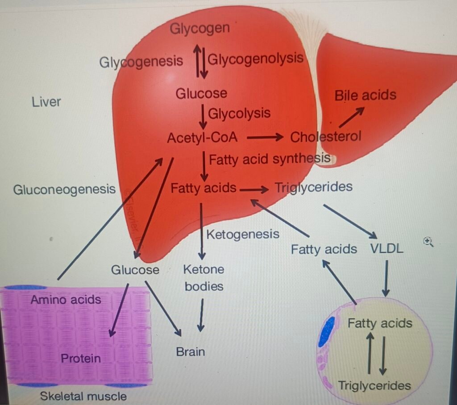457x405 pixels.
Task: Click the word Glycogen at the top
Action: (199, 29)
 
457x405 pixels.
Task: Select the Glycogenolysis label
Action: (256, 58)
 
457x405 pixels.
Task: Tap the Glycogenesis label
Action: (141, 61)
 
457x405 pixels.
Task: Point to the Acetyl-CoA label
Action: (202, 138)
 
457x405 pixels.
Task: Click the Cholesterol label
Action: (325, 137)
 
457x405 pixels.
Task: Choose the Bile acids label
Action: (365, 95)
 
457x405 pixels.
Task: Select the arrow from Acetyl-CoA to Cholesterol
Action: (265, 138)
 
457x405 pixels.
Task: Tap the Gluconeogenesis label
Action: (64, 190)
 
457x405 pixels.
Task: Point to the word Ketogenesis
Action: (243, 234)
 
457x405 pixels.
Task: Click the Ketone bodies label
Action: (204, 278)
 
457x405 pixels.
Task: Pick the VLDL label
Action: (386, 249)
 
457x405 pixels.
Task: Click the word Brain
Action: (191, 351)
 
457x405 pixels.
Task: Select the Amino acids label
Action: (66, 299)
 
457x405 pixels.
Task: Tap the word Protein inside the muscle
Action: (81, 358)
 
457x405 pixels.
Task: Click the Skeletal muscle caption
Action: (83, 396)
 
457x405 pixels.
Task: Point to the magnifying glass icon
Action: (429, 242)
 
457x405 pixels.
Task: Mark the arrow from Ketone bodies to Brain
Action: (202, 315)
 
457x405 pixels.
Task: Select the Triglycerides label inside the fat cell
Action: (374, 385)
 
